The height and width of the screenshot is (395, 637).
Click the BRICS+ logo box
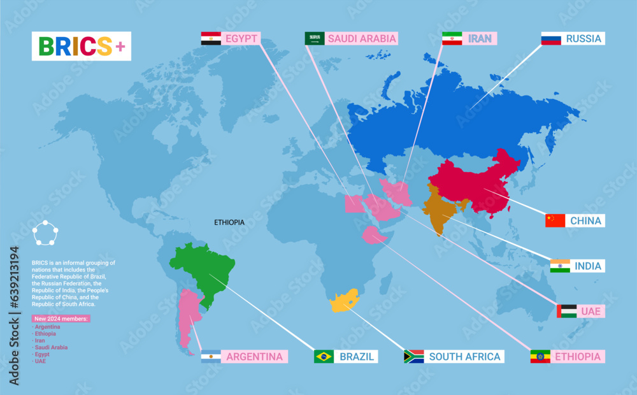pyautogui.click(x=82, y=46)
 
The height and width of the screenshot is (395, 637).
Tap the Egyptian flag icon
pyautogui.click(x=211, y=38)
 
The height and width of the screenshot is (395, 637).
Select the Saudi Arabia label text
pyautogui.click(x=362, y=38)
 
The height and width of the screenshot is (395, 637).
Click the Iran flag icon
pyautogui.click(x=452, y=38)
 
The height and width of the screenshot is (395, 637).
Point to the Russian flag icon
pyautogui.click(x=551, y=38)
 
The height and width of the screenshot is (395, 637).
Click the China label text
pyautogui.click(x=585, y=221)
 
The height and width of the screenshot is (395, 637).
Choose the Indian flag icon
pyautogui.click(x=560, y=266)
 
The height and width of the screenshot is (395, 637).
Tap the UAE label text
pyautogui.click(x=590, y=312)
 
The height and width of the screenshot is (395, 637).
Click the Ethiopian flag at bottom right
pyautogui.click(x=540, y=356)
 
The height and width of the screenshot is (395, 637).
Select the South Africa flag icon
pyautogui.click(x=414, y=356)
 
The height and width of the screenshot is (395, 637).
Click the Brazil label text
pyautogui.click(x=357, y=356)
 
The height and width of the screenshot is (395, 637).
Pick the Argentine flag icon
pyautogui.click(x=211, y=356)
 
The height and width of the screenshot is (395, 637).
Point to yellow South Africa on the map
pyautogui.click(x=345, y=301)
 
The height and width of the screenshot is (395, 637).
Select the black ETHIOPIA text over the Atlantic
pyautogui.click(x=229, y=222)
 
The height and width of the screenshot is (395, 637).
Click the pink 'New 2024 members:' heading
pyautogui.click(x=61, y=319)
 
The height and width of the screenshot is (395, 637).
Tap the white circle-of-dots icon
pyautogui.click(x=46, y=233)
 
